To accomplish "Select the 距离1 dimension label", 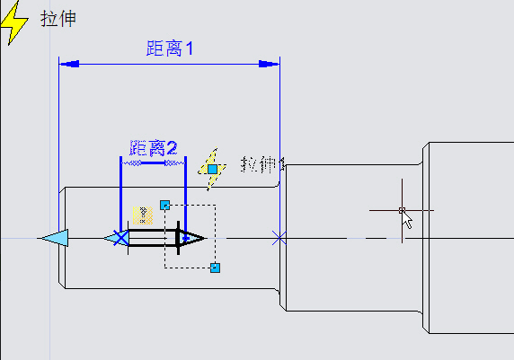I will click(170, 49).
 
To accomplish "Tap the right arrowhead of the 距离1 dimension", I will click(269, 64).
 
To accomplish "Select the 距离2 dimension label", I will click(154, 147).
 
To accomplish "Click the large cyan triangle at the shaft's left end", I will click(54, 238).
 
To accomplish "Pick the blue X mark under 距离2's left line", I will click(120, 238).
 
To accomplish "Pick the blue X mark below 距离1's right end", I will click(279, 238).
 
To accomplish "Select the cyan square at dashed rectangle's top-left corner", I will click(164, 205).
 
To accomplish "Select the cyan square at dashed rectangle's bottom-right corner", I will click(215, 268).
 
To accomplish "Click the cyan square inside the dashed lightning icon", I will click(212, 169).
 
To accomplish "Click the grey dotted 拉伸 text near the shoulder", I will click(261, 164).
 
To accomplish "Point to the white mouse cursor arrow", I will click(408, 220).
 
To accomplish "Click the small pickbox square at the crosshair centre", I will click(402, 210).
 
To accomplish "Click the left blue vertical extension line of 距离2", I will click(120, 193).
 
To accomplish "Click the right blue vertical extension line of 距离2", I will click(184, 193).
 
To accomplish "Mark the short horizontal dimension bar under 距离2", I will click(153, 163).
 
